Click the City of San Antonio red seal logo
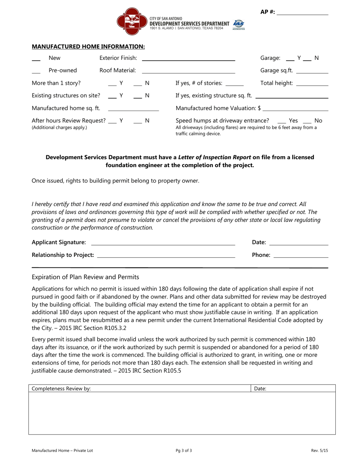(x=131, y=21)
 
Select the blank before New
(x=36, y=60)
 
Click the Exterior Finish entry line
(x=188, y=60)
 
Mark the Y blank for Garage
(x=290, y=60)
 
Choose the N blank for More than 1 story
(x=138, y=85)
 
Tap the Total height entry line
(x=312, y=85)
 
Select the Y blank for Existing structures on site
(x=112, y=97)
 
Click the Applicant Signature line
(x=163, y=244)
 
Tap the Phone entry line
(x=301, y=257)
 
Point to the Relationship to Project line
(x=166, y=257)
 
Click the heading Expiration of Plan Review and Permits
(x=85, y=277)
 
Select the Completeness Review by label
(x=61, y=389)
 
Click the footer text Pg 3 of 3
(x=184, y=451)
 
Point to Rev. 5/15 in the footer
(x=319, y=451)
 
